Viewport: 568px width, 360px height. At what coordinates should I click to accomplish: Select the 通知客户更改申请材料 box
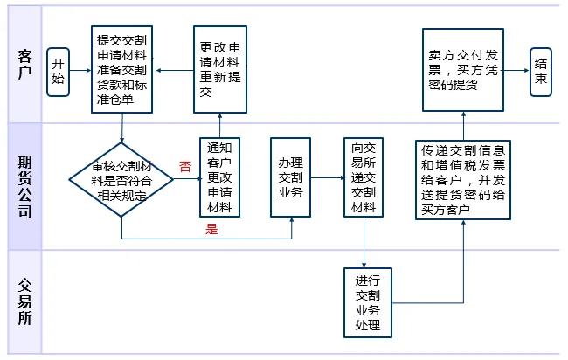coord(219,177)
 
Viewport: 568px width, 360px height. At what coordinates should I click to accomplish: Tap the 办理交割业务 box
coord(291,177)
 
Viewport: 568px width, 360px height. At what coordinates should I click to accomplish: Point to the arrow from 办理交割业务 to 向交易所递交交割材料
coord(327,178)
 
